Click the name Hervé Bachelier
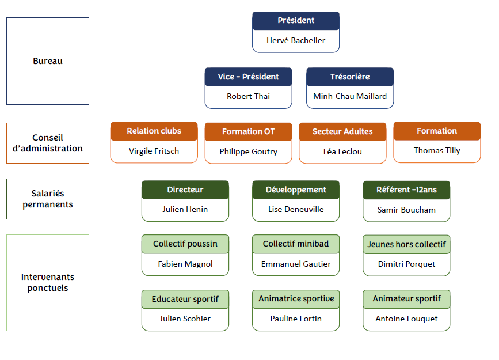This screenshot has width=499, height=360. click(x=296, y=40)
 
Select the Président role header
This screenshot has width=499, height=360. click(x=296, y=21)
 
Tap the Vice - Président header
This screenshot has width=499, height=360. click(x=248, y=77)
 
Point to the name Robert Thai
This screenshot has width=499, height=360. click(x=248, y=96)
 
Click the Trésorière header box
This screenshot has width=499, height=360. click(x=350, y=77)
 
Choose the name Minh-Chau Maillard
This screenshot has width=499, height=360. click(x=350, y=96)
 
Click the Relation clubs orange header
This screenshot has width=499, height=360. click(x=154, y=131)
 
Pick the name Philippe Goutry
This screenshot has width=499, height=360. click(x=248, y=151)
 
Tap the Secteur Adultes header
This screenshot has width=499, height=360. click(x=342, y=132)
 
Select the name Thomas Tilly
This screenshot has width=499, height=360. click(x=437, y=150)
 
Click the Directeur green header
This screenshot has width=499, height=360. click(x=185, y=190)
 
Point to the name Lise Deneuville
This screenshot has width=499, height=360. click(x=296, y=209)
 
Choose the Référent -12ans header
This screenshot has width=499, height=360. click(x=406, y=190)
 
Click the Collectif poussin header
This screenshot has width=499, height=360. click(x=185, y=244)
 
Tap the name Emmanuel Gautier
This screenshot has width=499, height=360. click(x=296, y=264)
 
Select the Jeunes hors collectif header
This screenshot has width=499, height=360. click(x=406, y=244)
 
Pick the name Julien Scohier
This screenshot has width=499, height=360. click(x=185, y=319)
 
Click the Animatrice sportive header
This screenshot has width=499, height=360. click(x=296, y=299)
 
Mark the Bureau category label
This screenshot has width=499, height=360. click(x=48, y=61)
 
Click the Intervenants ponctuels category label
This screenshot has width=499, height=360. click(x=48, y=282)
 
